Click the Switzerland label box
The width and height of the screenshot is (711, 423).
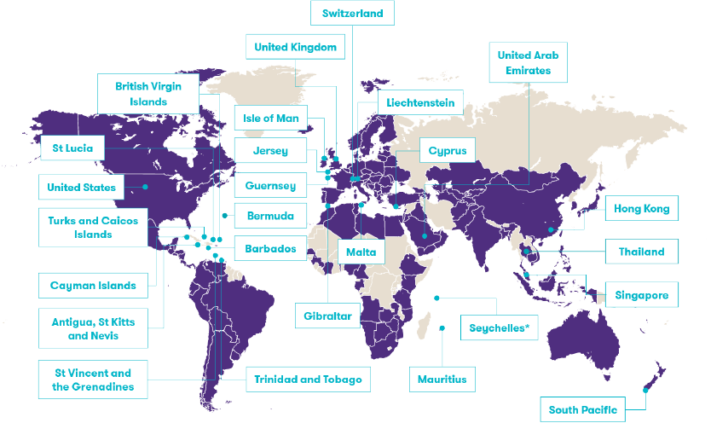(352, 13)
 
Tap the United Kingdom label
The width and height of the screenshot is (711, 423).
(295, 47)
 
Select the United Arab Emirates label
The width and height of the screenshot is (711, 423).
(528, 63)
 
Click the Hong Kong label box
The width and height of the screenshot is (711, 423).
(642, 208)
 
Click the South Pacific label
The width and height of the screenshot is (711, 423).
(582, 410)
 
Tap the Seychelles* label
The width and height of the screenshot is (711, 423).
(499, 327)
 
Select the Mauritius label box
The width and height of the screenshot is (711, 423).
(442, 379)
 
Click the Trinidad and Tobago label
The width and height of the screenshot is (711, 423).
(308, 379)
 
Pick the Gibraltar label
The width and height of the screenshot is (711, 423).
(326, 316)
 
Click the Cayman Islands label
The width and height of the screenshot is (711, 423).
(93, 286)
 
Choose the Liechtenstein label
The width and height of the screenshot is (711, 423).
(420, 103)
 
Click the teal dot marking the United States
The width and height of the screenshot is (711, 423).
(146, 186)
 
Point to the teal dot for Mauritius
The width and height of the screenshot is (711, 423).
(442, 327)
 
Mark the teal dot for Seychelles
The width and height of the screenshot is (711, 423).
(436, 298)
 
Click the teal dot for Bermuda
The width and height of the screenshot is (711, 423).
(224, 215)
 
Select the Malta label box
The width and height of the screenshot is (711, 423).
(362, 252)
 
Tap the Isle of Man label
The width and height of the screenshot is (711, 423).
(270, 119)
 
